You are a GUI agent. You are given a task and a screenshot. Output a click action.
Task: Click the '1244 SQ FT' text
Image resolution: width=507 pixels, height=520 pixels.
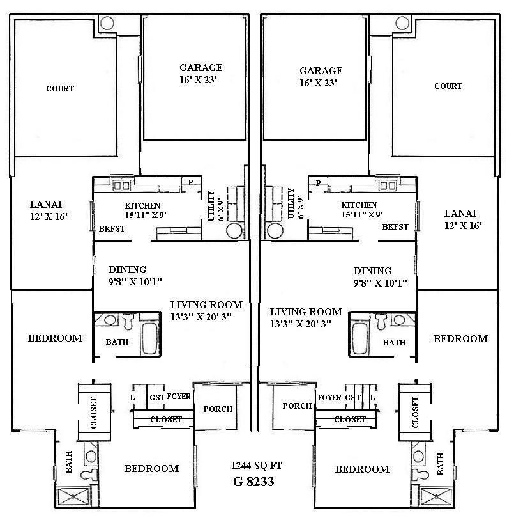(253, 466)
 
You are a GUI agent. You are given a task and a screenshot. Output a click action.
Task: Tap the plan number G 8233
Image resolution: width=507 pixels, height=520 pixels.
(253, 482)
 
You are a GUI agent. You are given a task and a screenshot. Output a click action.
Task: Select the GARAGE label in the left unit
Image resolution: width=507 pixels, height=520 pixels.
(201, 68)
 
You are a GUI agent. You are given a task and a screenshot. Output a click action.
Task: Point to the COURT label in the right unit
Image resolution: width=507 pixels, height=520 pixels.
(448, 86)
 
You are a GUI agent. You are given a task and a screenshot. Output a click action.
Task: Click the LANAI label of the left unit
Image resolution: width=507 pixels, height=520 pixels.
(46, 204)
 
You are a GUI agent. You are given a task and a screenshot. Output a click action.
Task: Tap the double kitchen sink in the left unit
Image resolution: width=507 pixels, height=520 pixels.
(121, 185)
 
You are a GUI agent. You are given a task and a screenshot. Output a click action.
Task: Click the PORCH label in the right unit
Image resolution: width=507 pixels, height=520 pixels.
(297, 406)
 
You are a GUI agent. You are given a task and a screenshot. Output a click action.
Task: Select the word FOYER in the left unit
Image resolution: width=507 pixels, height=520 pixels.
(179, 397)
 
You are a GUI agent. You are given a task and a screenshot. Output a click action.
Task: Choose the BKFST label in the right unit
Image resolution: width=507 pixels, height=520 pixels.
(395, 227)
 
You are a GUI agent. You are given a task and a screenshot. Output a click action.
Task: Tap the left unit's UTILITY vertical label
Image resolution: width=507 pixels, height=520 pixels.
(212, 205)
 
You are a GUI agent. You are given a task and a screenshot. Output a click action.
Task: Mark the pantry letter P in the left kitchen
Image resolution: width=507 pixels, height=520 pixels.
(190, 183)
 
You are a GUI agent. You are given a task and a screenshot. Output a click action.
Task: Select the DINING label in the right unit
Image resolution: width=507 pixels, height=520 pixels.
(372, 271)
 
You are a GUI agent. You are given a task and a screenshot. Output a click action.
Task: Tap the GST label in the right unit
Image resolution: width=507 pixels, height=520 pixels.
(352, 397)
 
